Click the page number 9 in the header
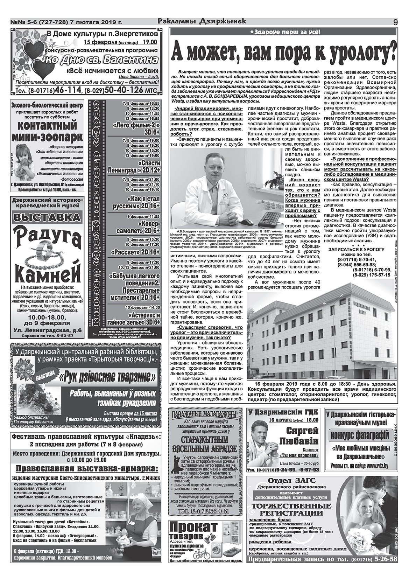click(x=395, y=22)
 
